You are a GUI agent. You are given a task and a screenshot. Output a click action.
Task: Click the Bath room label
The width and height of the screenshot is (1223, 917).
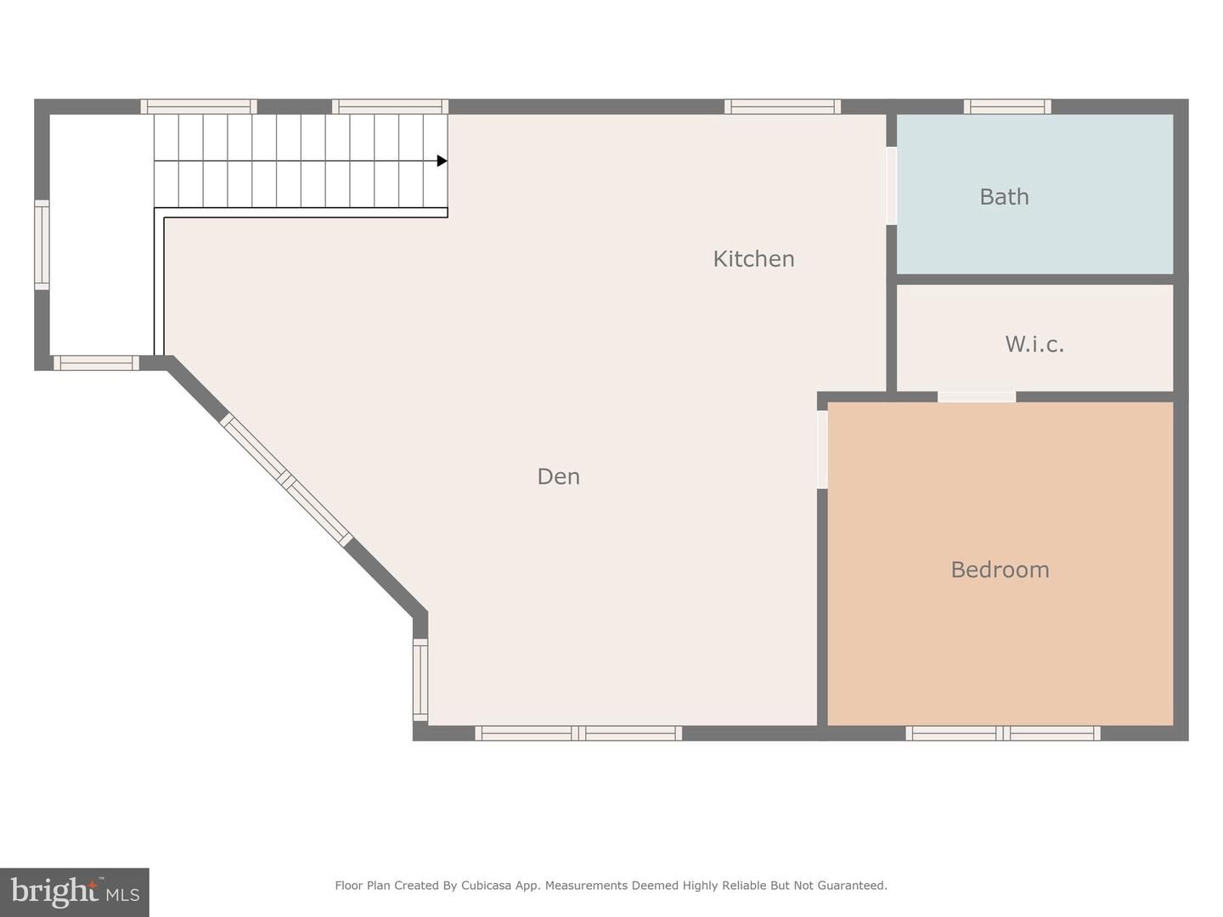pos(1004,197)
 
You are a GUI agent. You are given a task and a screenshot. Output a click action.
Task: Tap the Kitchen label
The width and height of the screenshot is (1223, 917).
pos(753,259)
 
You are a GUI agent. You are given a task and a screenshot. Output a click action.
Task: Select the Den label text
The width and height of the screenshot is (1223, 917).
pos(558,476)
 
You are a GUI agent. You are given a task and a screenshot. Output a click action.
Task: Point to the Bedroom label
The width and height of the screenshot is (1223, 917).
pos(1000,570)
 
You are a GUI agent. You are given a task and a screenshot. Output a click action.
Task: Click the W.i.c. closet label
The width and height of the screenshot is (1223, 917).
pos(1034,344)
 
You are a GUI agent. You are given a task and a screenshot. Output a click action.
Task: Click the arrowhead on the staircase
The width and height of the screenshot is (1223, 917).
pos(442,160)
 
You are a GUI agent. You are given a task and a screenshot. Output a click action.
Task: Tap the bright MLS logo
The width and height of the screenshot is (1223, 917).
pos(75,892)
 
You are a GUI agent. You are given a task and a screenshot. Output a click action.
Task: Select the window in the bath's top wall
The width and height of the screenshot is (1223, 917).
pos(1007,106)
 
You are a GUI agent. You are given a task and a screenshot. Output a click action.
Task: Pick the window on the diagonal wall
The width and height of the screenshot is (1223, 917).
pos(286,481)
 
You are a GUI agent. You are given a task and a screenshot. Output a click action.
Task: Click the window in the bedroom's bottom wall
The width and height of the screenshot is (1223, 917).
pos(1003,733)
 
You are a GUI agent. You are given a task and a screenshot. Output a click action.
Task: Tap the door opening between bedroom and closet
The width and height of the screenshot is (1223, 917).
pos(977,397)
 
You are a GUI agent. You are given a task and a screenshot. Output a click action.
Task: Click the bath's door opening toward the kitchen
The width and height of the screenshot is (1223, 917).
pos(891,186)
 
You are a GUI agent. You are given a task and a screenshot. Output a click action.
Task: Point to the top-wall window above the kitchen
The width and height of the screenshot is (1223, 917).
pos(782,106)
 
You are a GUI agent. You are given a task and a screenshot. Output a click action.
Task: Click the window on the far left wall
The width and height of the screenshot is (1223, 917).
pos(42,245)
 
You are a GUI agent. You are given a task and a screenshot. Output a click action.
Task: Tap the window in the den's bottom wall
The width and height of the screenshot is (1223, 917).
pos(578,733)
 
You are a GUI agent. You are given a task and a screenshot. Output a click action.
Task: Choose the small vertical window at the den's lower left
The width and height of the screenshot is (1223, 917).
pos(420,679)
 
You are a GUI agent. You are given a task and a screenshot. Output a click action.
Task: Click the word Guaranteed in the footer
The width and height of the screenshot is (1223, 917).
pos(852,886)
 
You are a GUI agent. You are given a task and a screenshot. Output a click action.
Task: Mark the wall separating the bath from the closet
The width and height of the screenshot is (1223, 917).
pos(1034,279)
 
